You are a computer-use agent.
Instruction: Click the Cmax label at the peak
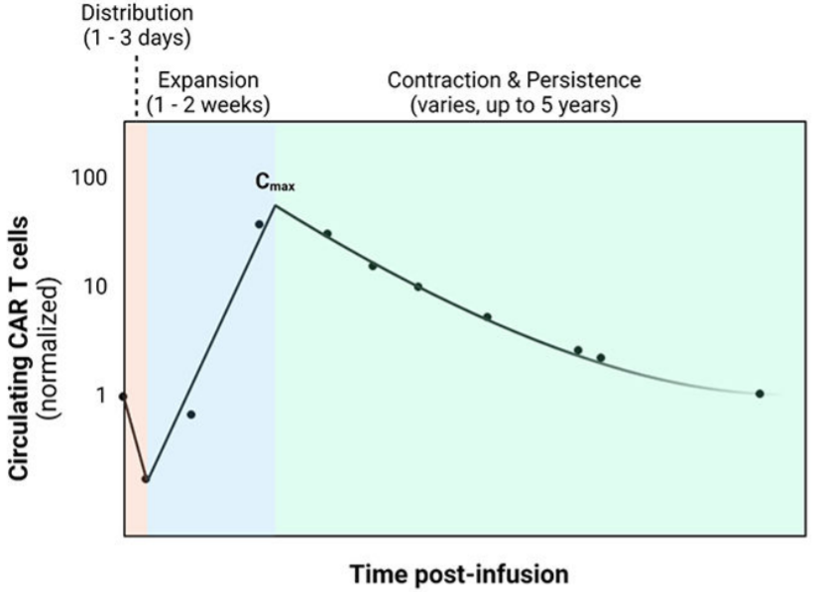(278, 185)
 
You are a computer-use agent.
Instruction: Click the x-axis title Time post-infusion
(458, 574)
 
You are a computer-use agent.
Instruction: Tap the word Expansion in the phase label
(207, 79)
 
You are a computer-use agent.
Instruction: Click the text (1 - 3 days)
(138, 40)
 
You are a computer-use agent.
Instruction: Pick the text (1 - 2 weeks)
(207, 103)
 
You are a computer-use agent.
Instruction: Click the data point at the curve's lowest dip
(146, 479)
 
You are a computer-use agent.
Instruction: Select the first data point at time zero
(123, 397)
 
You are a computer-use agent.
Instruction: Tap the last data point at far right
(760, 394)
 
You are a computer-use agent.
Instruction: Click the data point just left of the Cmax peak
(259, 224)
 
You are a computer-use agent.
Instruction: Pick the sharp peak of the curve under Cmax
(275, 205)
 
